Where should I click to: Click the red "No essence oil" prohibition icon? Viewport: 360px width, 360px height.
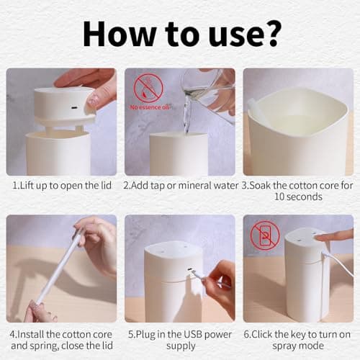148,88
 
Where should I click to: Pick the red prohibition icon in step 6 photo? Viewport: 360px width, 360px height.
265,234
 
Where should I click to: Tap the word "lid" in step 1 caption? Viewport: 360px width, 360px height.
104,184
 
